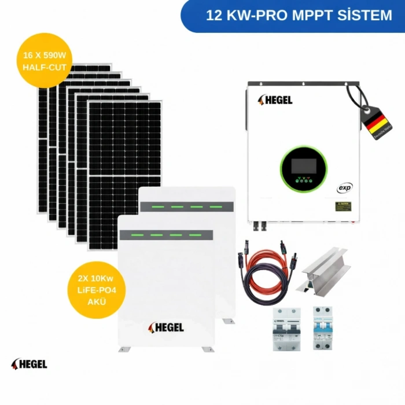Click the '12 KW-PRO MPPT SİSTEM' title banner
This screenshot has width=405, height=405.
point(299,15)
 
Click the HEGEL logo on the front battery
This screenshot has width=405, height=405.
point(167,327)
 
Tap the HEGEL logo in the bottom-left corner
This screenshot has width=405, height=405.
point(29,364)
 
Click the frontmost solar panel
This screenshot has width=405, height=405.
point(124,168)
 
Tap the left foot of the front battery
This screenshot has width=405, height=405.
point(124,349)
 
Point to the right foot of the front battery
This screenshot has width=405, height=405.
point(208,349)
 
